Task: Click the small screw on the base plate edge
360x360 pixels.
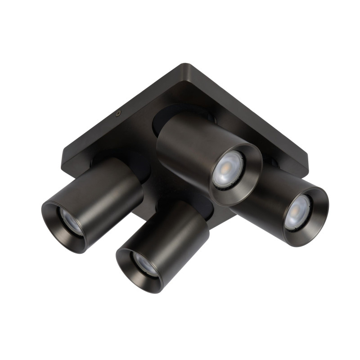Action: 118,114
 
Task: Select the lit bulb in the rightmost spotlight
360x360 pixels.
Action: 297,211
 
